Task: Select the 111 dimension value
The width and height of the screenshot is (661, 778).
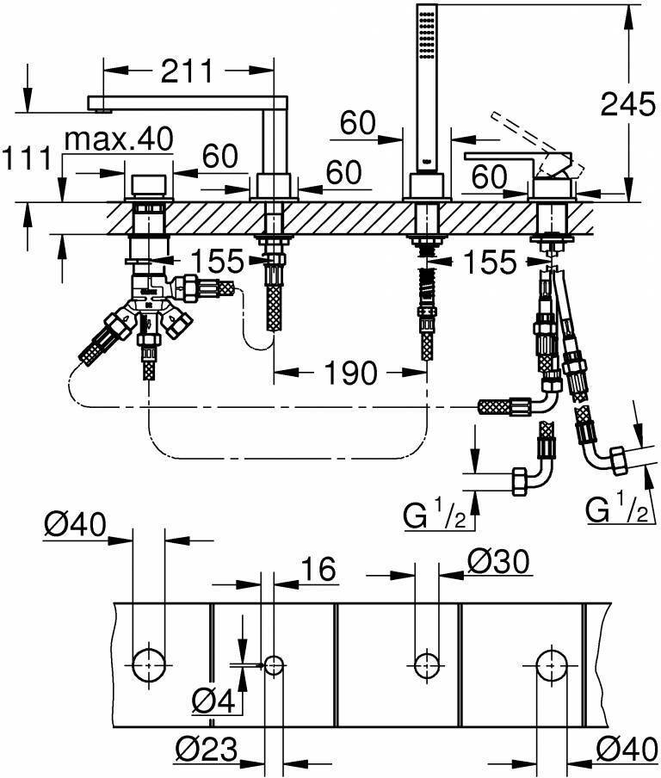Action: pyautogui.click(x=25, y=160)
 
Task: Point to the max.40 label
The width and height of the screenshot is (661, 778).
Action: pyautogui.click(x=118, y=138)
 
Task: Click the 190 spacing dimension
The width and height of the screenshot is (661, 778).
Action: pyautogui.click(x=352, y=373)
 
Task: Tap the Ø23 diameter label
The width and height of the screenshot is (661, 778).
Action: pyautogui.click(x=207, y=750)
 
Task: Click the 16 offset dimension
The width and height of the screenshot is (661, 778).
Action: pyautogui.click(x=318, y=569)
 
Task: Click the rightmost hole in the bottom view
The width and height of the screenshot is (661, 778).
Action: pyautogui.click(x=551, y=664)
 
